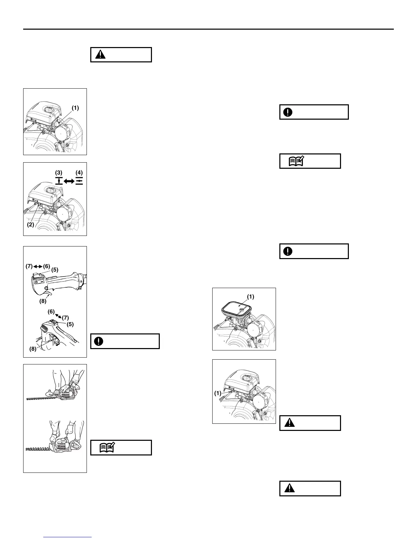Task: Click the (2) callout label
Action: tap(30, 225)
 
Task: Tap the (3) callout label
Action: tap(59, 173)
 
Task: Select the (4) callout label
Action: tap(79, 173)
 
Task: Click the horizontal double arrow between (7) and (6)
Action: tap(38, 266)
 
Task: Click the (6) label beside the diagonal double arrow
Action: tap(51, 311)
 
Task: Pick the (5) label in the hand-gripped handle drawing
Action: tap(70, 324)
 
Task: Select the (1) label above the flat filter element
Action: tap(250, 297)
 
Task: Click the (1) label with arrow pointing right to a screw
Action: tap(218, 393)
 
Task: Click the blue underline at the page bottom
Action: tap(68, 537)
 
